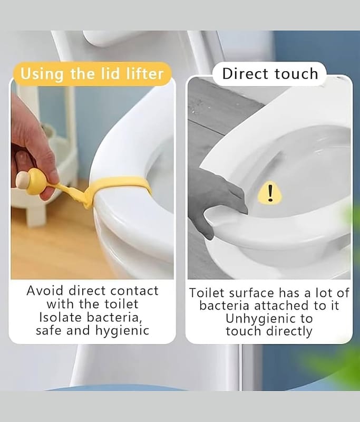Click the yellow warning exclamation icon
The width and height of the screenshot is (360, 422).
pos(270,192)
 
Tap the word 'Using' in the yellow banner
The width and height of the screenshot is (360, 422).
pos(42,74)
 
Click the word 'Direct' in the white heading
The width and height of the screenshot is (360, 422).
pos(245,73)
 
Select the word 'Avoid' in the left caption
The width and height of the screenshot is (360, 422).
pos(45,291)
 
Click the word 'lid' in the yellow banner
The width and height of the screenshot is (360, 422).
pos(110,73)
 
